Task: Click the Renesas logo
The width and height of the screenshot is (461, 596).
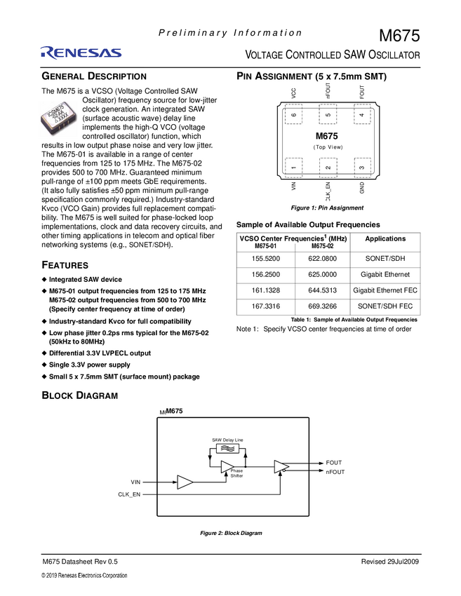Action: click(81, 53)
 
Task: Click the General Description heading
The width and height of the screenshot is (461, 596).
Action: click(94, 76)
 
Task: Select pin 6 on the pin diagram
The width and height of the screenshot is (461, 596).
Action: click(293, 115)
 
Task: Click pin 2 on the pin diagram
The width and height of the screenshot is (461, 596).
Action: click(328, 167)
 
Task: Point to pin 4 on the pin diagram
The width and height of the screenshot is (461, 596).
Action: click(361, 115)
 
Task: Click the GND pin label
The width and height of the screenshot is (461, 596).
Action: click(362, 188)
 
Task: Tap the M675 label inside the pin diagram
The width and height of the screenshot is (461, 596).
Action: click(327, 136)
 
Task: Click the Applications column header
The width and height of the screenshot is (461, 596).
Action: click(385, 239)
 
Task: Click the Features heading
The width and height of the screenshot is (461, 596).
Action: click(65, 265)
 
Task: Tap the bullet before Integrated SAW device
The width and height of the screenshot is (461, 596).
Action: click(44, 280)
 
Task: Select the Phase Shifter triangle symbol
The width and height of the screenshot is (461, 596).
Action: click(227, 466)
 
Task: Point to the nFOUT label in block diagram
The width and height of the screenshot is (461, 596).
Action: click(335, 472)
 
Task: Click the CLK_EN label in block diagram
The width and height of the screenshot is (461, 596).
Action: click(129, 495)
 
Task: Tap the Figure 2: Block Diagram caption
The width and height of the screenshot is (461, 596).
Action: click(231, 534)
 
